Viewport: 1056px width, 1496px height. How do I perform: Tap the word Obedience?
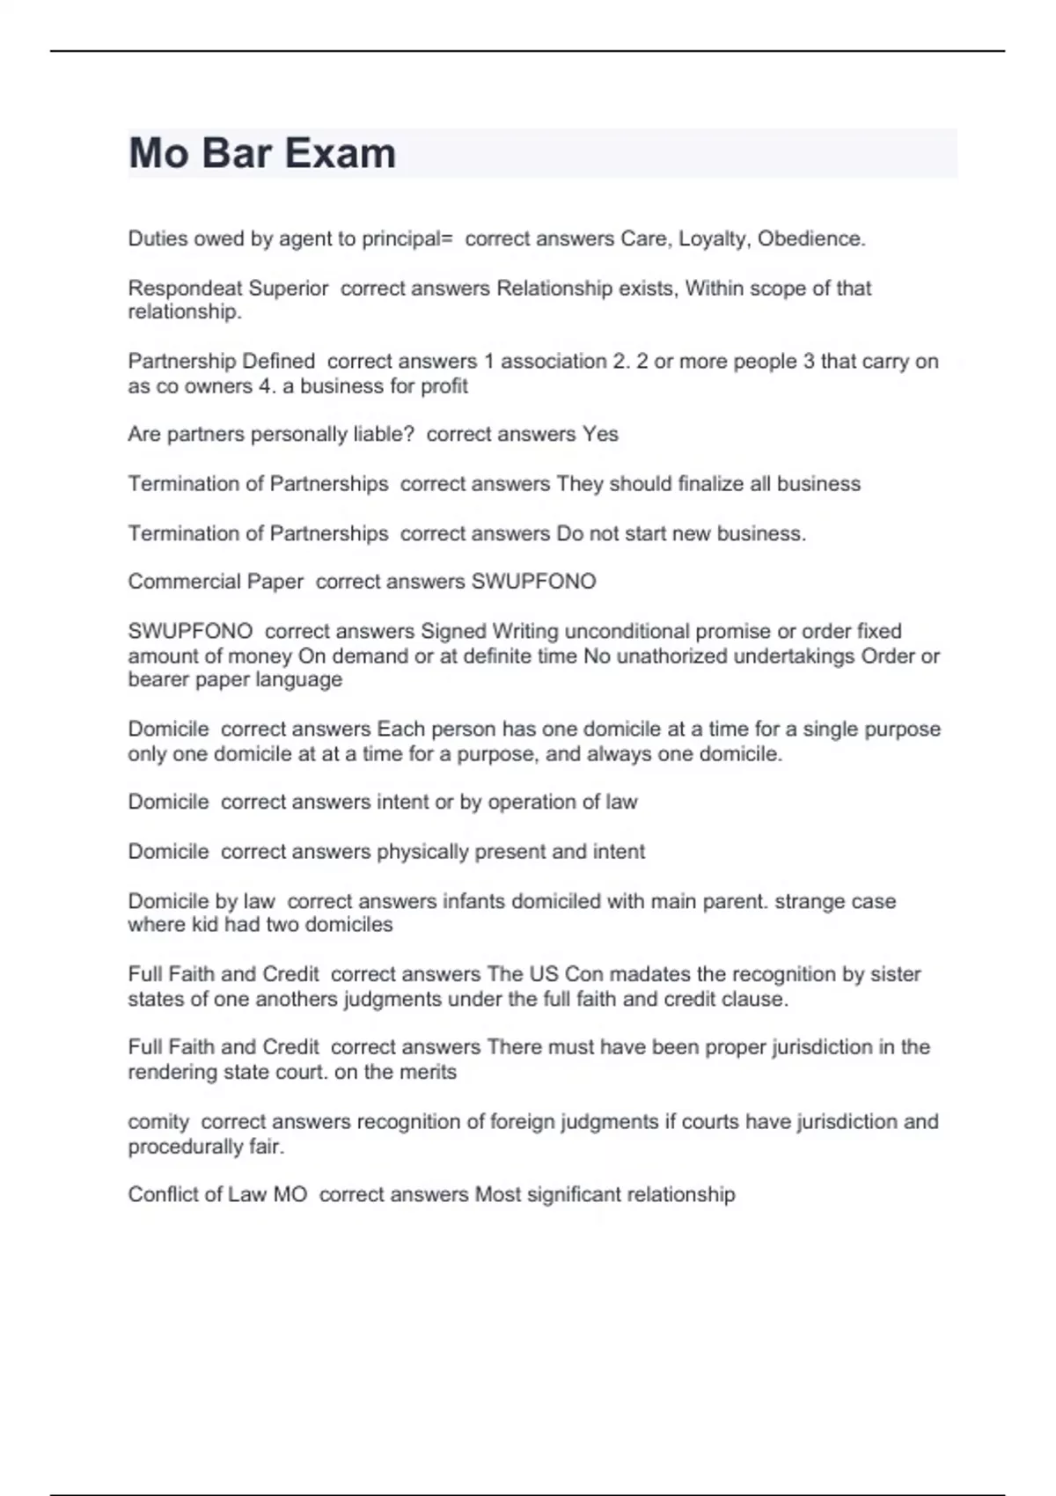click(811, 238)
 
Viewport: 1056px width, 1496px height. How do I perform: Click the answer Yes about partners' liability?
click(600, 434)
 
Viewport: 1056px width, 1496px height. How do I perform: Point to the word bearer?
click(157, 679)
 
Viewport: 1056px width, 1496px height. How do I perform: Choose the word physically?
click(422, 851)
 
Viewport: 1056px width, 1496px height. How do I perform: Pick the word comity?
click(158, 1122)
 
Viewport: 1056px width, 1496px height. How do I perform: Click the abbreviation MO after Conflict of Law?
click(290, 1194)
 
